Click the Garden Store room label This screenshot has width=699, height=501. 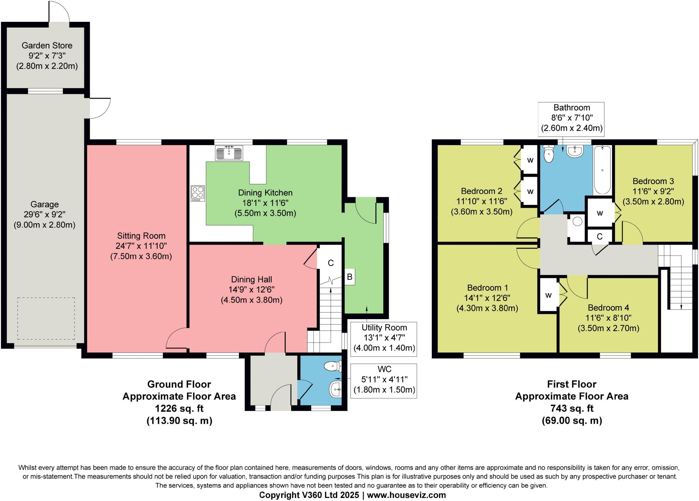(47, 45)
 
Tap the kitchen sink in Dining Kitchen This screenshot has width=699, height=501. (229, 153)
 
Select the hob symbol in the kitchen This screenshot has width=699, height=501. (198, 193)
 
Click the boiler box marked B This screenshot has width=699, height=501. (349, 277)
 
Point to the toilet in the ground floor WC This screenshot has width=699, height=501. (333, 367)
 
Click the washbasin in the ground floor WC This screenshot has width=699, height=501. (336, 389)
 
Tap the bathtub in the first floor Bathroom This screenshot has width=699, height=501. (602, 170)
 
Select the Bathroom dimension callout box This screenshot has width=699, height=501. (572, 118)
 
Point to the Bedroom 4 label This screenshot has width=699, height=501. (608, 307)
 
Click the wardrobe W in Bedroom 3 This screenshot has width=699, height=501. (600, 213)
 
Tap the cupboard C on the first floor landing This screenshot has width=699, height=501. (599, 236)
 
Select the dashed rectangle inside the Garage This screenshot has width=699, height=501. (46, 318)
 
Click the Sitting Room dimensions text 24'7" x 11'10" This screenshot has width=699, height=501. (141, 246)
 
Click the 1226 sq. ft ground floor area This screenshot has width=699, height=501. (179, 409)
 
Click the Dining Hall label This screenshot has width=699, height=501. (252, 280)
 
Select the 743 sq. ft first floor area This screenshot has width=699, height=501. (572, 409)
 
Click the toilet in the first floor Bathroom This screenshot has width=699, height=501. (548, 155)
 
